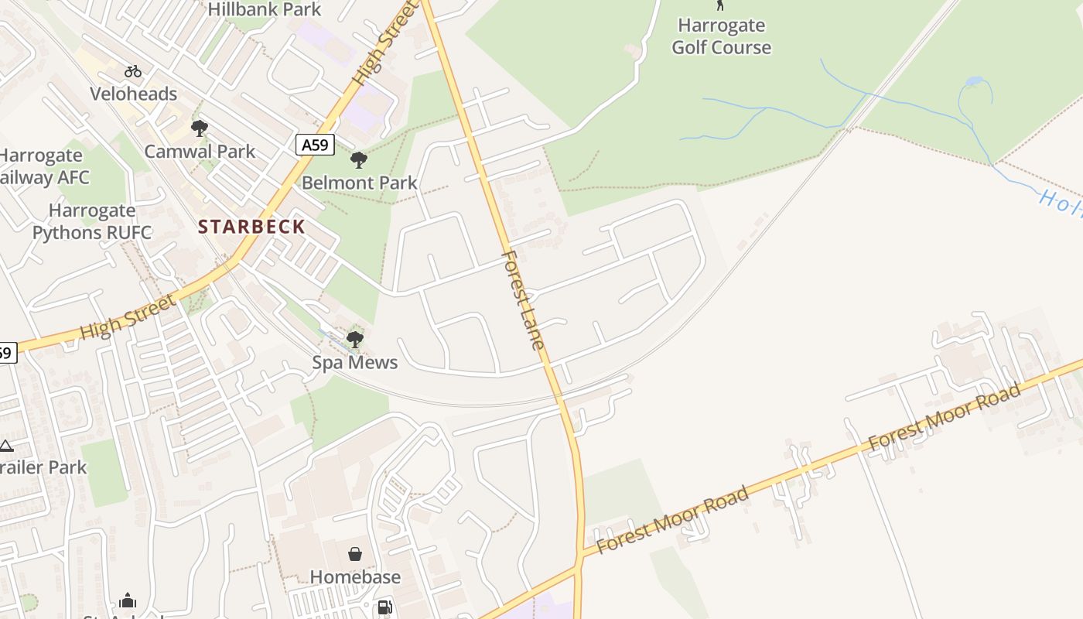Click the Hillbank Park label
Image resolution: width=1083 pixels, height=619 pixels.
pos(265,9)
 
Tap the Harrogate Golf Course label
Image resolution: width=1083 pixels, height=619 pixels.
pos(721,36)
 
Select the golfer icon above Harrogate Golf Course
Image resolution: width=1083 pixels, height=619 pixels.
pos(720,5)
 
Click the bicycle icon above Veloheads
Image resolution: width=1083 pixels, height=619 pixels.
pos(133,71)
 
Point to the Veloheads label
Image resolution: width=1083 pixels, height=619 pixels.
pos(133,94)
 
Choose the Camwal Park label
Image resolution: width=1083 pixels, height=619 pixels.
pos(200,152)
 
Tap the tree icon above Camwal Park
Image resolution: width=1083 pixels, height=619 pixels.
pos(200,128)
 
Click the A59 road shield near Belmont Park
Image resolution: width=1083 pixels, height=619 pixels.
pos(314,144)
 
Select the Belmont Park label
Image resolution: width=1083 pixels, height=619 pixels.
pos(359,183)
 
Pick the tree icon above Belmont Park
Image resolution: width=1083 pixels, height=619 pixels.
pos(358,160)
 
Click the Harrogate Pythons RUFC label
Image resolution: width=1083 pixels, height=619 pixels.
pos(91,221)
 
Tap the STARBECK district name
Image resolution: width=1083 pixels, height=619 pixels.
pos(251,227)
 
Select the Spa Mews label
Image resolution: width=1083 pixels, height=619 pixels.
pos(355,362)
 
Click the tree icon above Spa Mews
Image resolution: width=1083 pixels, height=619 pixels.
pos(355,339)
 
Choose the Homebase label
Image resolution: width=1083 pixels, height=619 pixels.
pos(355,577)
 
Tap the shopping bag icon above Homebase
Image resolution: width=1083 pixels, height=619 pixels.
pos(355,554)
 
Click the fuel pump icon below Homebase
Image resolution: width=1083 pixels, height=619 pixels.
pos(384,608)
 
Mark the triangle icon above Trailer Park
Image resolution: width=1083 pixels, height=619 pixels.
pos(6,446)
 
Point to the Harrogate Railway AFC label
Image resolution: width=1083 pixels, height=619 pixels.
pos(43,166)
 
